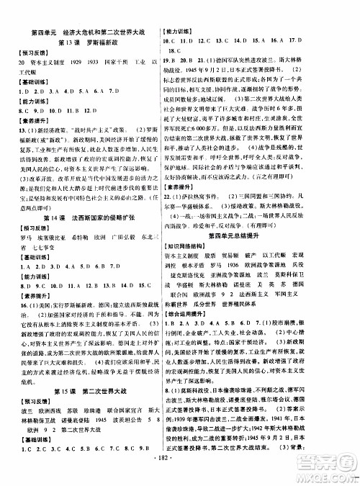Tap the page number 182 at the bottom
(180, 476)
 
